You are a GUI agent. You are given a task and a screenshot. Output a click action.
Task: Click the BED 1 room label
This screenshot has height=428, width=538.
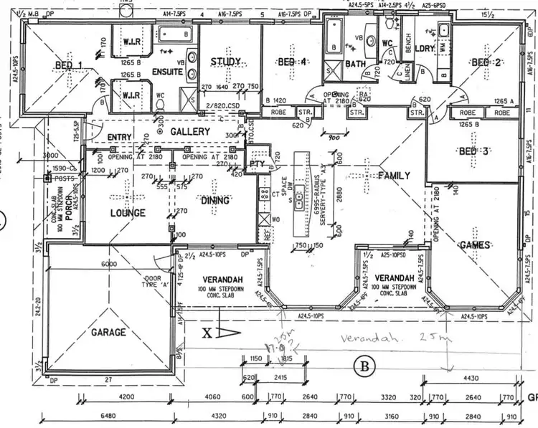point(69,67)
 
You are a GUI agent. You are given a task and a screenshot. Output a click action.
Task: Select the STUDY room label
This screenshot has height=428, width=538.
point(225,62)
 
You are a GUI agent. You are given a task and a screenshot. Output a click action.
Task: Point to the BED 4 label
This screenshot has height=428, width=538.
point(293,63)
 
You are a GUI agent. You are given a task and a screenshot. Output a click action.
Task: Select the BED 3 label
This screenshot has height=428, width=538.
point(473,151)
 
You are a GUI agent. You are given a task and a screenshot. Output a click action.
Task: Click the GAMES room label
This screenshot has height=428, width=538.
point(475,245)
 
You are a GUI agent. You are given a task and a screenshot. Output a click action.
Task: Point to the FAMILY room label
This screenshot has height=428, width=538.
point(394,176)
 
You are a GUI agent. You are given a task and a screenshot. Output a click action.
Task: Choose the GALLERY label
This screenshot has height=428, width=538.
point(190,132)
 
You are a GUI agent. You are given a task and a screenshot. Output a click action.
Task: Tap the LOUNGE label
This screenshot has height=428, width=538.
point(128,213)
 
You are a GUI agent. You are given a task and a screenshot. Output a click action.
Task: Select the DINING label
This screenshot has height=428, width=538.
point(215,201)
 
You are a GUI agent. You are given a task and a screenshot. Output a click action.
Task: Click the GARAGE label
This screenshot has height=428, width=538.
point(108,333)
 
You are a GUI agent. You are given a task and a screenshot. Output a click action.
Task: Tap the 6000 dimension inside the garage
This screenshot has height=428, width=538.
point(108,264)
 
